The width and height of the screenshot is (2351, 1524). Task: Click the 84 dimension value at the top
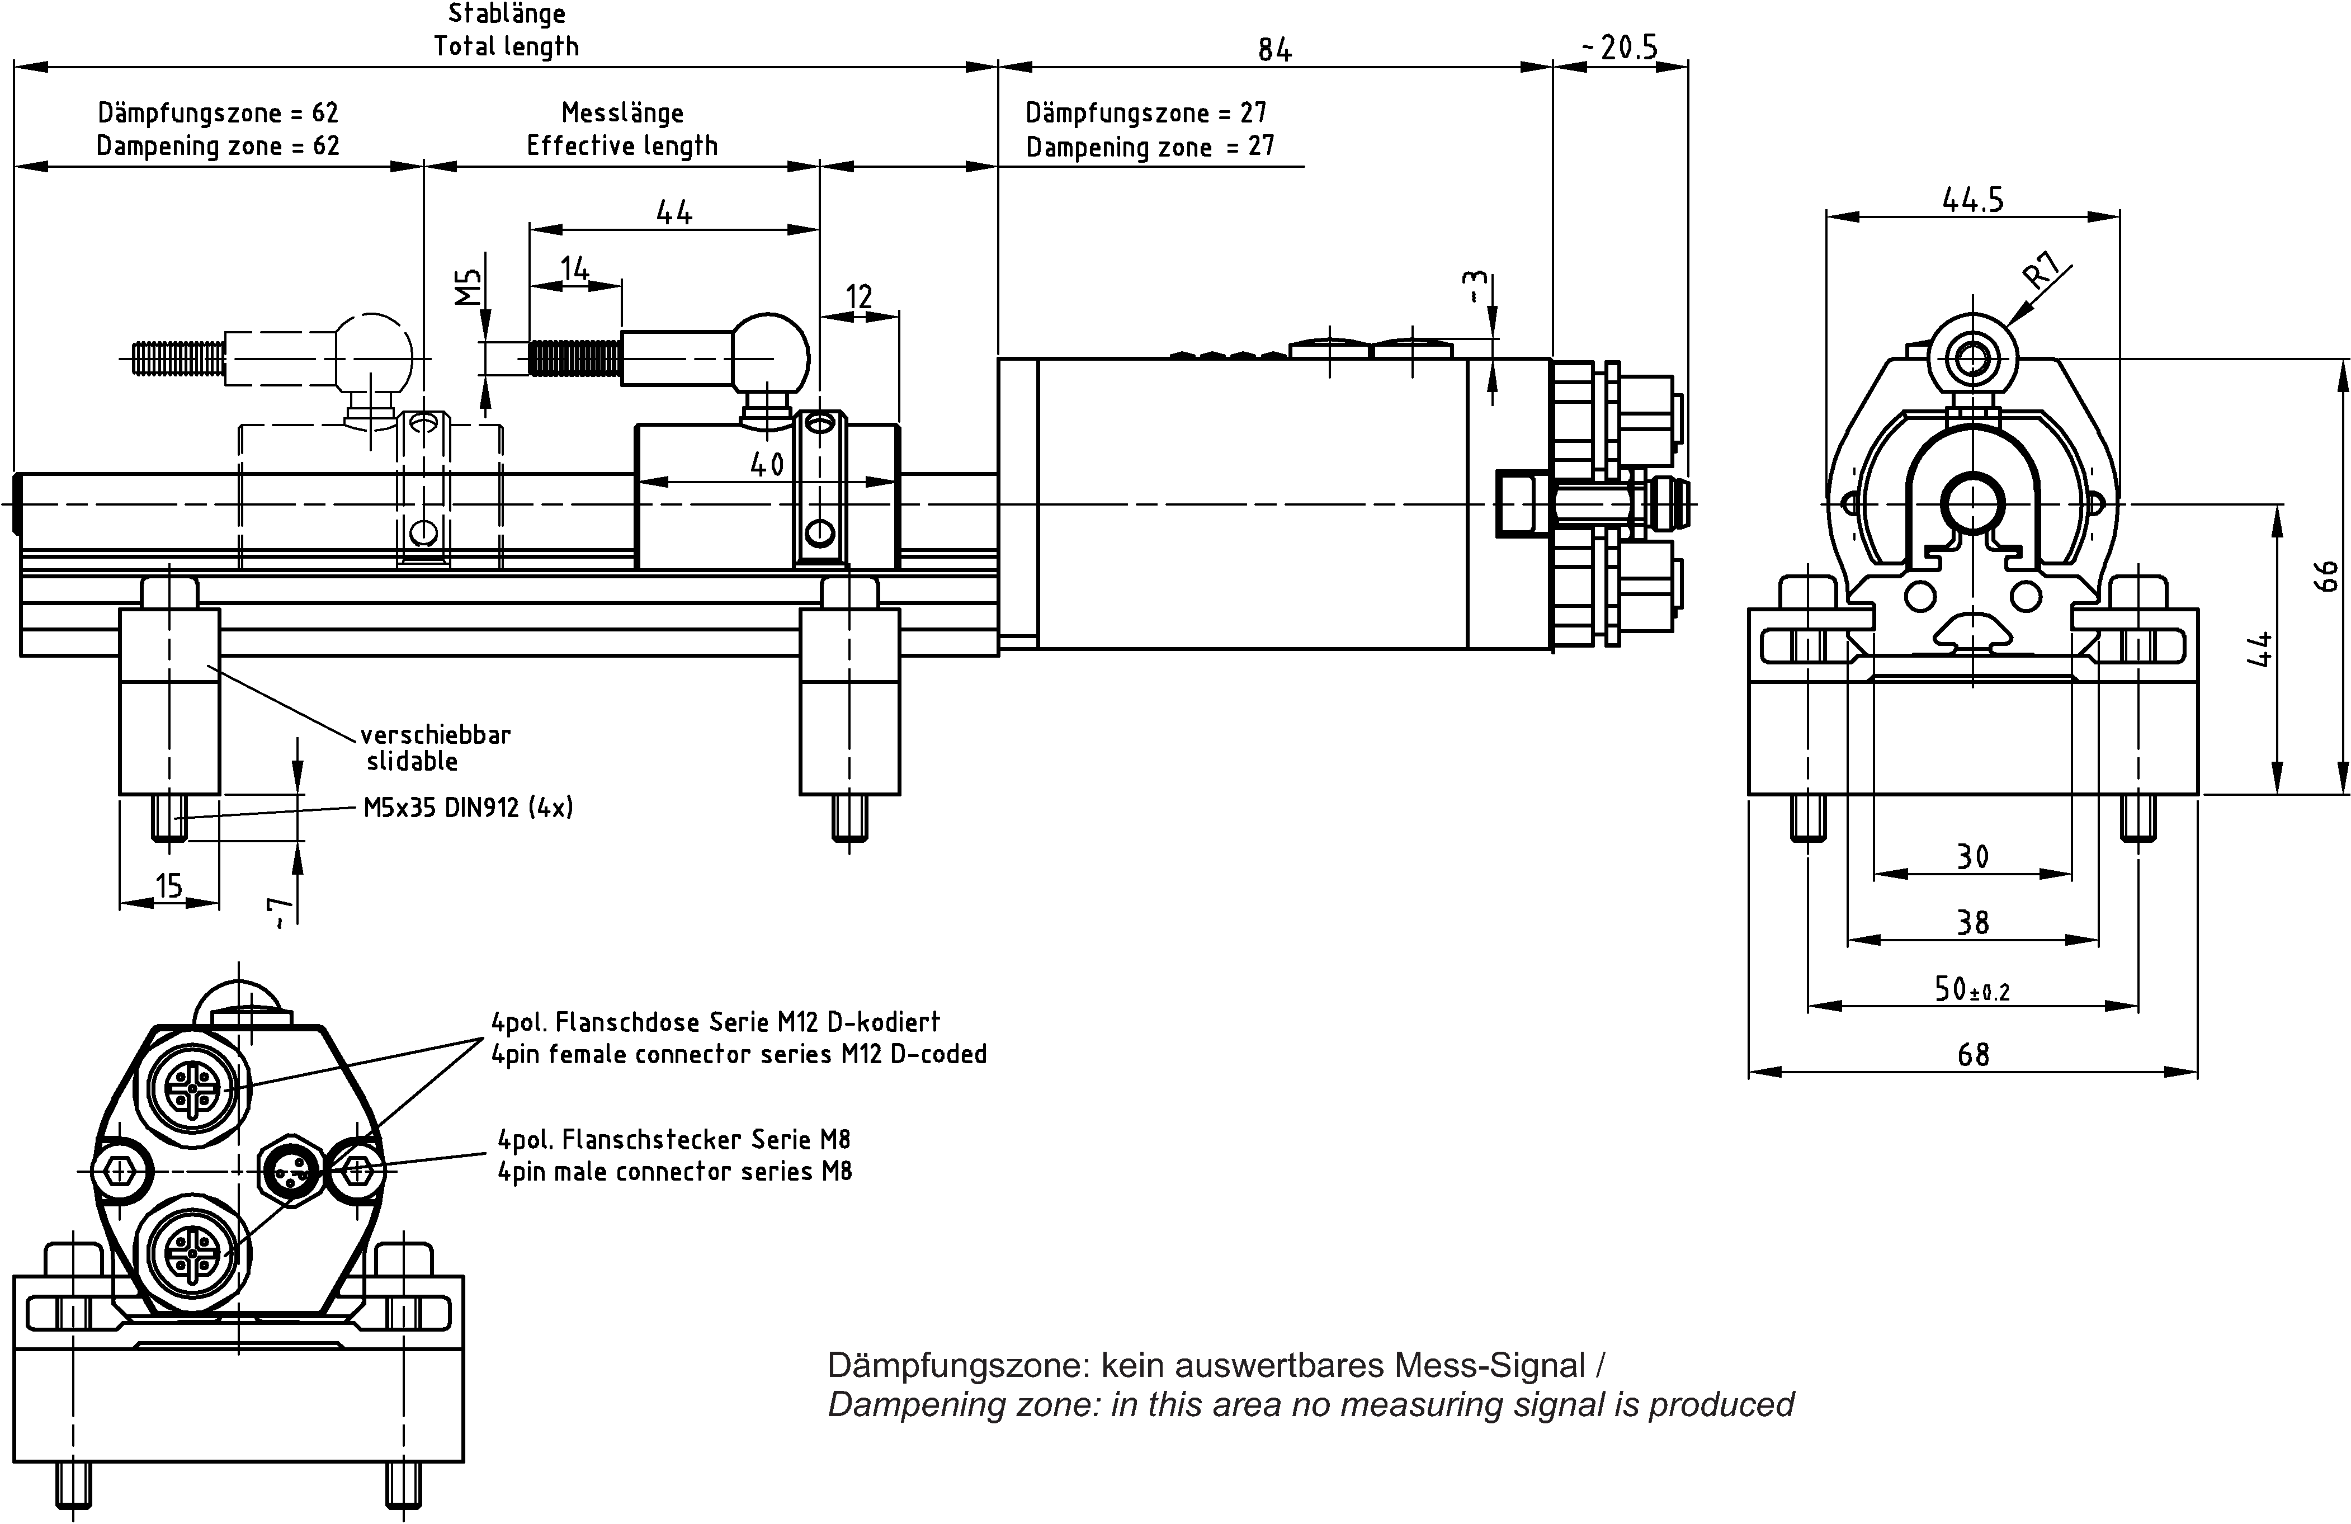1274,49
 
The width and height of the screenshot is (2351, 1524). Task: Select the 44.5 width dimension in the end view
1972,201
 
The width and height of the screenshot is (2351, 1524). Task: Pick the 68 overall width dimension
1972,1055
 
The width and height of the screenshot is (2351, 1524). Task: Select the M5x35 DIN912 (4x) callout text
468,808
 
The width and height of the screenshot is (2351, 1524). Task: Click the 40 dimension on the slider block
767,464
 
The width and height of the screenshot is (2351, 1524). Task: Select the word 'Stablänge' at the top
507,14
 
